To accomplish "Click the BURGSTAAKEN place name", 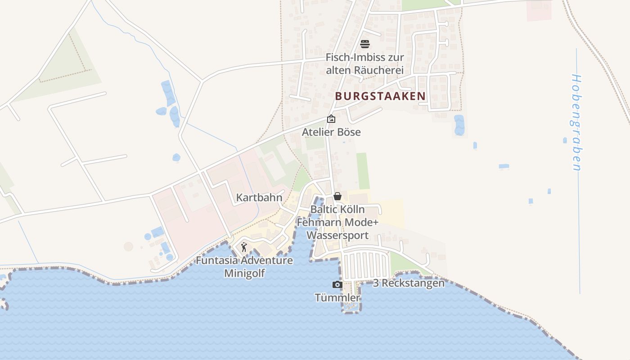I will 380,96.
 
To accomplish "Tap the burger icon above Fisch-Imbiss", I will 365,44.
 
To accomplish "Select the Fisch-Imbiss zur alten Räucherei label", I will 364,64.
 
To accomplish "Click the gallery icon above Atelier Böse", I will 331,119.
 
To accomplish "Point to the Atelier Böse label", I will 331,132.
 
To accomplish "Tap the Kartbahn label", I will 259,198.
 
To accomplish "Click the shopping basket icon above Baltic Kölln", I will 337,196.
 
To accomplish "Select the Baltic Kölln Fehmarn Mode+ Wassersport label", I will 337,222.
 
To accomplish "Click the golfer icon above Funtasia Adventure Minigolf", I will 244,247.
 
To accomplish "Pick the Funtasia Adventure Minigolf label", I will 244,267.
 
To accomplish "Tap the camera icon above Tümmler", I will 337,284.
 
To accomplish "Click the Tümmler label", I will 337,297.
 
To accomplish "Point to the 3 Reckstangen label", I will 409,283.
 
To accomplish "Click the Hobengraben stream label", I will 576,122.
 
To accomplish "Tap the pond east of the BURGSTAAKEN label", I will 459,125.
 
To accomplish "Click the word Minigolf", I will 244,273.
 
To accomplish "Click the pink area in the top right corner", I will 539,10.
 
